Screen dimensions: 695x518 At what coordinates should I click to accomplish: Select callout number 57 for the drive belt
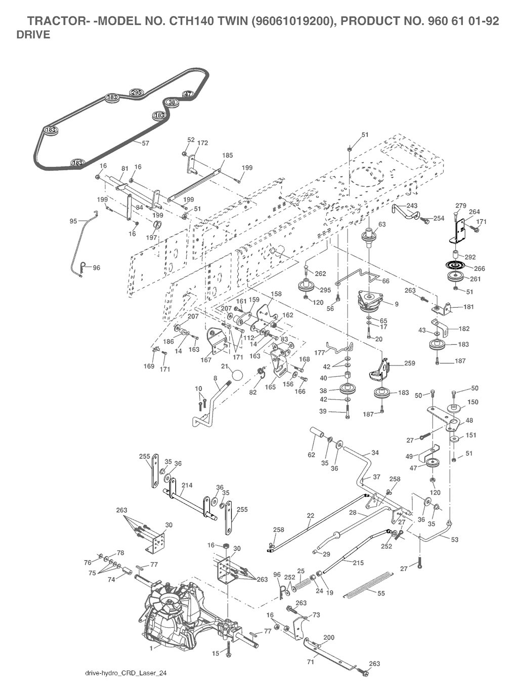coord(145,143)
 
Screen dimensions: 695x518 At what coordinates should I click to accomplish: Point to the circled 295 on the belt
coord(136,92)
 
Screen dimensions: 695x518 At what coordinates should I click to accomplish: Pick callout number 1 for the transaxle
coord(152,647)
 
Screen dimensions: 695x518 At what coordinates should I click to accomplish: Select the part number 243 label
coord(412,206)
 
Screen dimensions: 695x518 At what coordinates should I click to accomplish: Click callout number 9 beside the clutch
coord(397,304)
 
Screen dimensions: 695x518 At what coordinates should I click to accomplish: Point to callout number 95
coord(73,221)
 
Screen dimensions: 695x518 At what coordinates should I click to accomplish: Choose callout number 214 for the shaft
coord(187,485)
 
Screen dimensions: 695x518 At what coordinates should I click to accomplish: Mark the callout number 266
coord(479,269)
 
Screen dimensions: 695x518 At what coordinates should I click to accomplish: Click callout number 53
coord(455,540)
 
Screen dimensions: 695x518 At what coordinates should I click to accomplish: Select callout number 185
coord(228,156)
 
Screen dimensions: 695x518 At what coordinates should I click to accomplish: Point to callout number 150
coord(473,402)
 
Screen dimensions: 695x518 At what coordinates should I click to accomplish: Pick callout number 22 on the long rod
coord(310,515)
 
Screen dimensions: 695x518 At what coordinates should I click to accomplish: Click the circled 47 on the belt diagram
coord(188,94)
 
